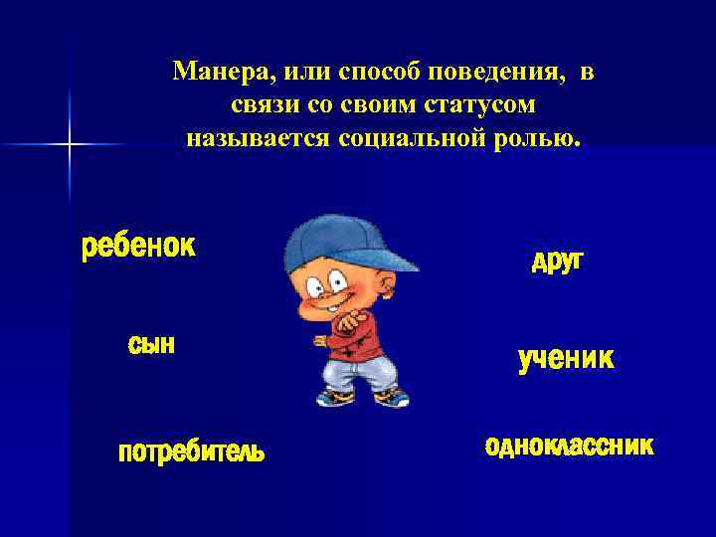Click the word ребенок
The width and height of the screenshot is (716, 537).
coord(137,246)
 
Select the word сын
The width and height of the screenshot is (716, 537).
coord(151,344)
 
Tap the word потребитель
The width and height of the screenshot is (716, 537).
coord(191,452)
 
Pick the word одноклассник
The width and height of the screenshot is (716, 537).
coord(569,446)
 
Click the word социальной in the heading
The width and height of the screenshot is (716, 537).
coord(396,137)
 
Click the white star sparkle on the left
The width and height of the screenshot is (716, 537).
coord(70,145)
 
